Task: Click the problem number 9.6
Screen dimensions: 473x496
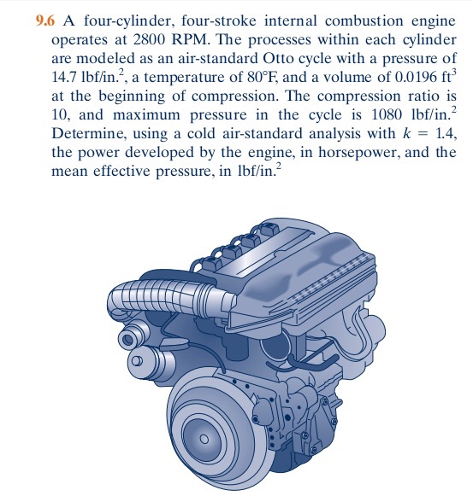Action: [45, 21]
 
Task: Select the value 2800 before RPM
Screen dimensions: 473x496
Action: [148, 40]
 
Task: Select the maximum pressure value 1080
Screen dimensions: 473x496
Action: [387, 114]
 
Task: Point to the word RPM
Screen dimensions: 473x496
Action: [191, 40]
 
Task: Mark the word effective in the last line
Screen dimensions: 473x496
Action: [121, 171]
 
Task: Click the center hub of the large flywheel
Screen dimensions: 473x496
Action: [204, 439]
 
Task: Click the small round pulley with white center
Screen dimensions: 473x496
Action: [137, 360]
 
